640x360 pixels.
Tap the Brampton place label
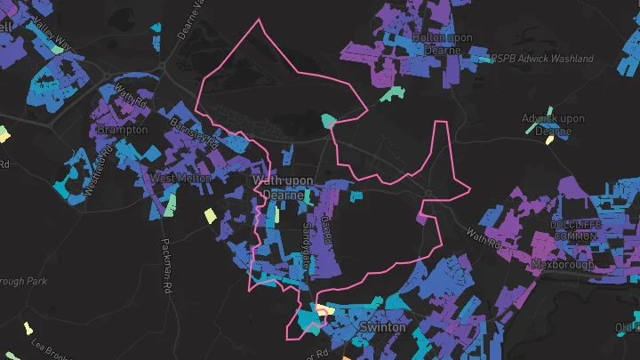point(123,130)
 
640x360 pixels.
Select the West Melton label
point(180,178)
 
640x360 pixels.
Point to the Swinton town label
point(384,327)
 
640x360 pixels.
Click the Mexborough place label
point(561,265)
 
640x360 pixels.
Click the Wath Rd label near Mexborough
point(484,238)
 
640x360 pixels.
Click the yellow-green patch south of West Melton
point(210,215)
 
